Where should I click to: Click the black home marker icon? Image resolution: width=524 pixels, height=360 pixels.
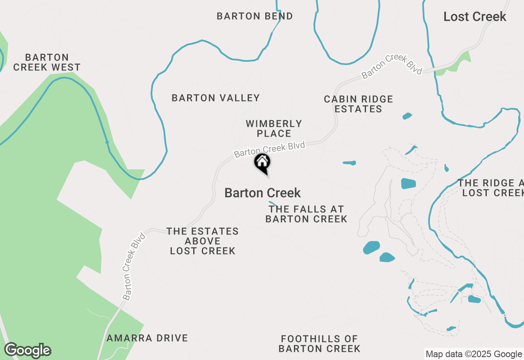(262, 162)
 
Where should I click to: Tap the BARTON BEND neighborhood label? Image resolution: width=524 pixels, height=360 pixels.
(255, 16)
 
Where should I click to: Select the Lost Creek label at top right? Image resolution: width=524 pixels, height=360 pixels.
(475, 17)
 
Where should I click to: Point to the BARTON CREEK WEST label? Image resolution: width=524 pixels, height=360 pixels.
(47, 62)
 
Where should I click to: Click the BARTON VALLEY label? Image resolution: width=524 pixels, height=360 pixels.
(216, 98)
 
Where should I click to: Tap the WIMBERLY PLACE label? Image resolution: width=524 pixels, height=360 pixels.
(274, 128)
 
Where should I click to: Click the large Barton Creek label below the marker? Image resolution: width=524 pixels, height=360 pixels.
(262, 193)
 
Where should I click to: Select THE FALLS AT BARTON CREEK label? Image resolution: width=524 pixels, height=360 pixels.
(306, 214)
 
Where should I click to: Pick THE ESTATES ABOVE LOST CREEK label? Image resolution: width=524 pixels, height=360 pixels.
(203, 241)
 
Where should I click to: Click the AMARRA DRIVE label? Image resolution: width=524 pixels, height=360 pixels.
(147, 338)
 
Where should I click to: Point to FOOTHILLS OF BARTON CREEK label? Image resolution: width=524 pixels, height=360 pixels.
(319, 344)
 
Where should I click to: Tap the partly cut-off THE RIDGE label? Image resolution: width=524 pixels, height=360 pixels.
(491, 188)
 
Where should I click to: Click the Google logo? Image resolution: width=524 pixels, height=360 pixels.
(27, 350)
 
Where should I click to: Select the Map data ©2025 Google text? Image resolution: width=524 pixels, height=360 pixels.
(474, 354)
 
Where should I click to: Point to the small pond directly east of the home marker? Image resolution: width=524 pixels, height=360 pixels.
(349, 163)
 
